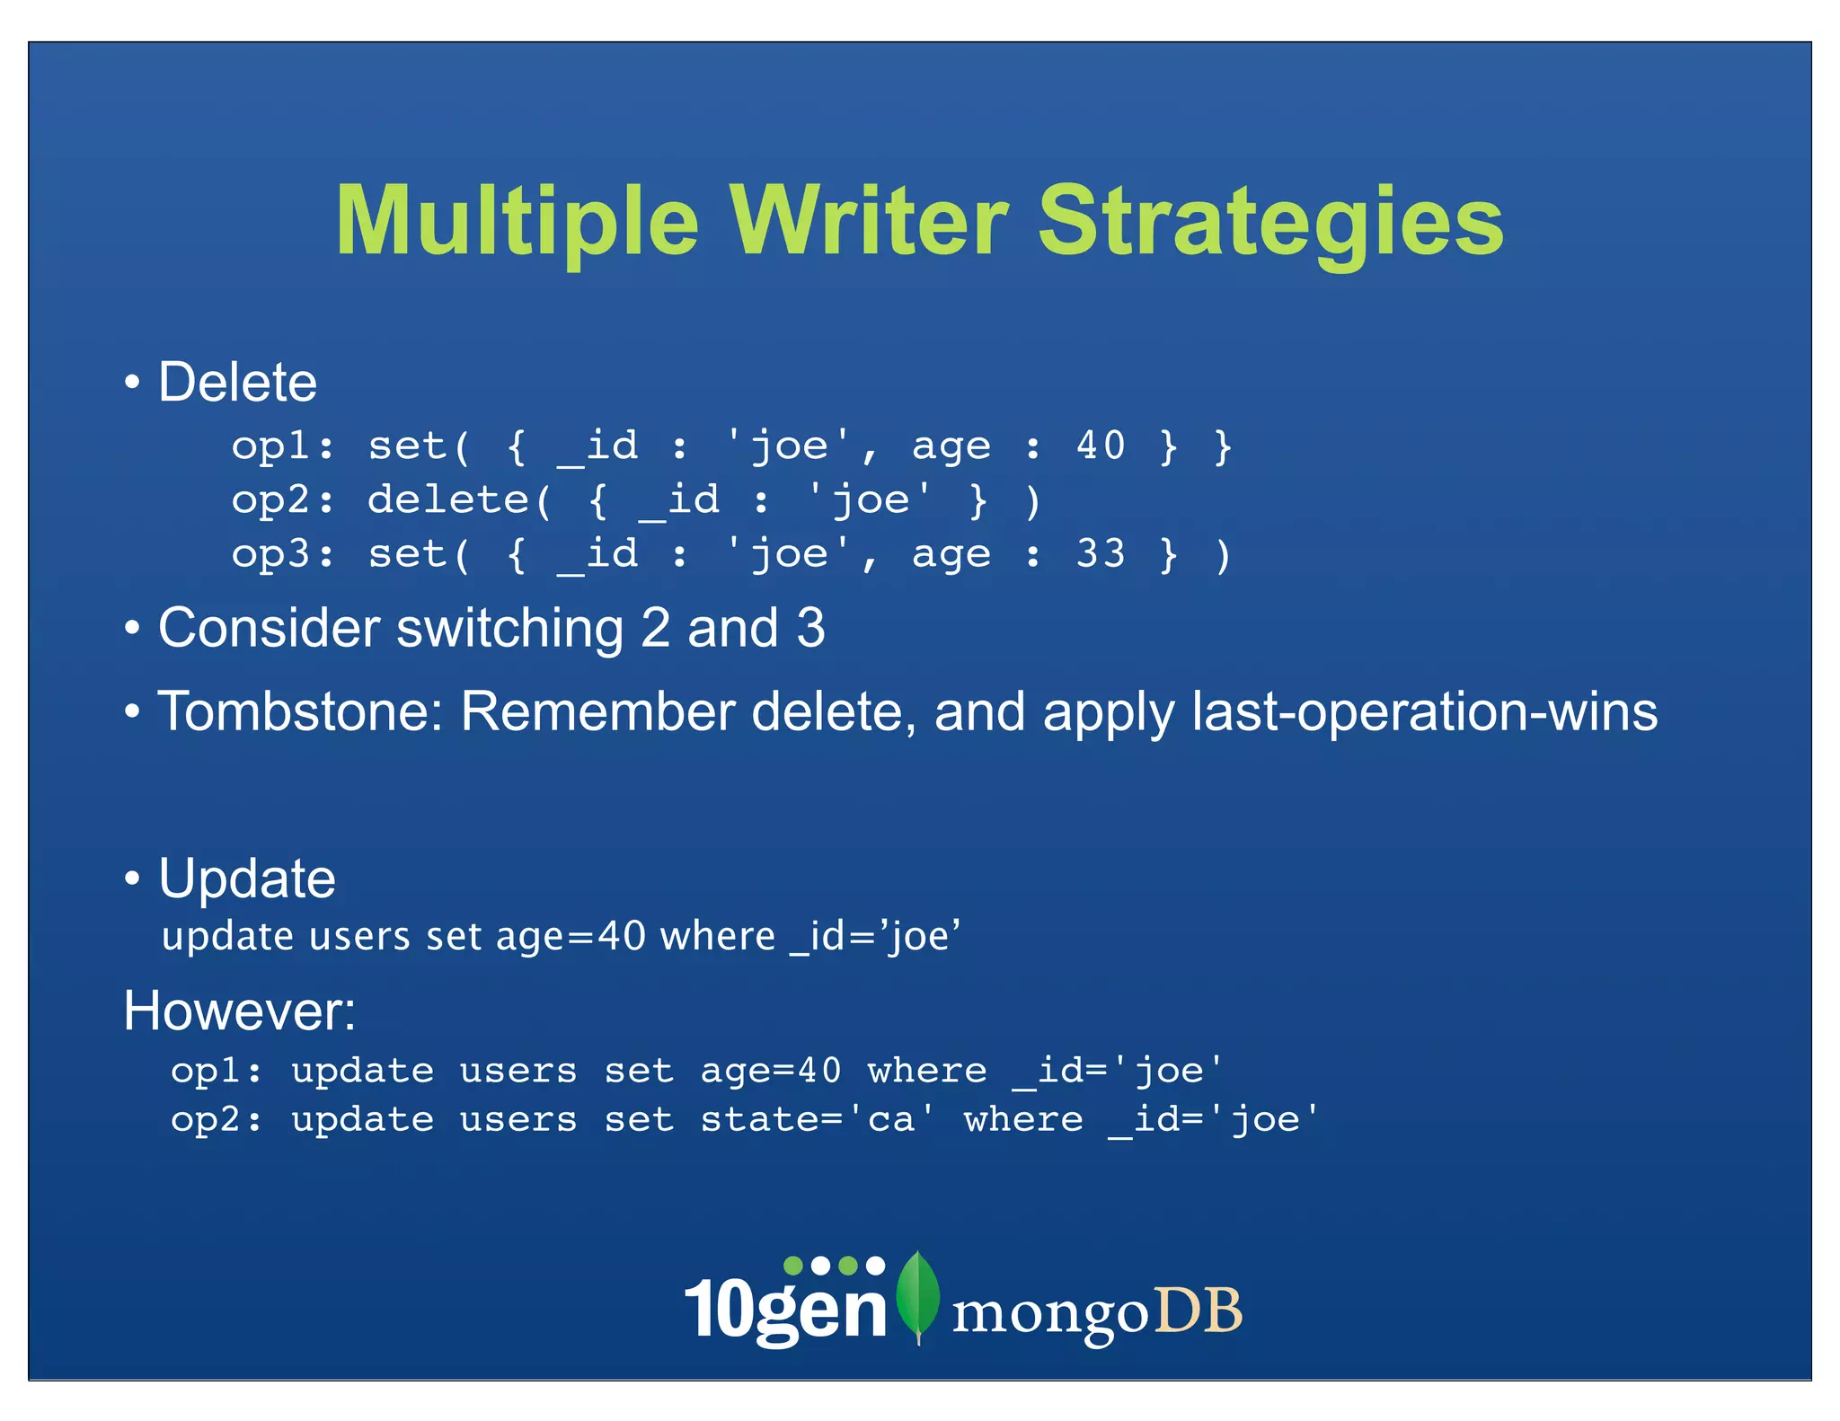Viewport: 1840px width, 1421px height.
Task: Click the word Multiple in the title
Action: click(517, 222)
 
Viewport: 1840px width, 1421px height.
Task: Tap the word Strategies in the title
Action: click(1270, 222)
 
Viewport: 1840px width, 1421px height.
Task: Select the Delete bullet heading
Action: click(237, 383)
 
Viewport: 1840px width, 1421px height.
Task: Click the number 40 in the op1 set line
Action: click(1101, 446)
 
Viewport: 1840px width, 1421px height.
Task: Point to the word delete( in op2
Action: click(460, 499)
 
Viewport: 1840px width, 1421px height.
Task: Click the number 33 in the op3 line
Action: click(1101, 553)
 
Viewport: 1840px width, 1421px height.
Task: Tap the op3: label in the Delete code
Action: click(282, 553)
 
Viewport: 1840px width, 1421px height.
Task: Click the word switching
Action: click(510, 628)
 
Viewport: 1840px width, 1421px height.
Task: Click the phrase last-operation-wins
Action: click(1424, 712)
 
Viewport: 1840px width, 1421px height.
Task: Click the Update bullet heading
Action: click(247, 878)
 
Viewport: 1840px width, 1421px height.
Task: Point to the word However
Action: click(237, 1011)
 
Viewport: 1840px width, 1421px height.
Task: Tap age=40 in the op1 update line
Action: click(771, 1071)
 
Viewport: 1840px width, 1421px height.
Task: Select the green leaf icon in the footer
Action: click(918, 1293)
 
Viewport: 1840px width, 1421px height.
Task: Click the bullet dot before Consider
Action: click(133, 629)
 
